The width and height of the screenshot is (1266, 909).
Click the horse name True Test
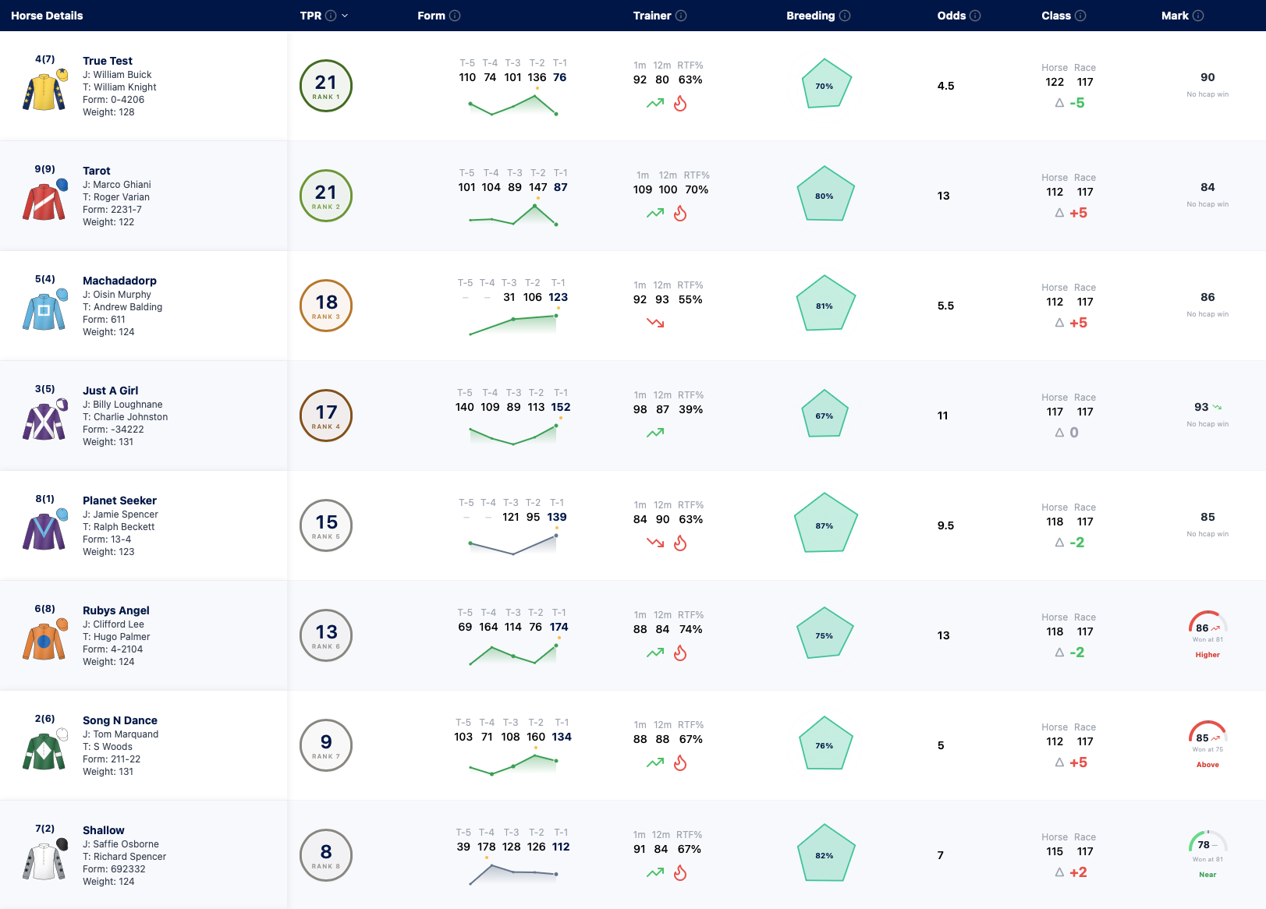(108, 61)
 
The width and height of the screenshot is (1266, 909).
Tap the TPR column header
(310, 16)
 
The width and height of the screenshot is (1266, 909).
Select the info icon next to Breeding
(844, 16)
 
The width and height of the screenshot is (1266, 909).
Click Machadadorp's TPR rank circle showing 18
(326, 306)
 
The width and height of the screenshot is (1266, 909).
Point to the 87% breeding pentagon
(825, 523)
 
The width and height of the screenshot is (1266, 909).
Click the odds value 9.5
(945, 525)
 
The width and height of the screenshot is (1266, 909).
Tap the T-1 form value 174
(559, 627)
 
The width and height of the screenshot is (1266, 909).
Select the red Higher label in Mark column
(1207, 655)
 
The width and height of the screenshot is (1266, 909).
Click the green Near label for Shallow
(1207, 875)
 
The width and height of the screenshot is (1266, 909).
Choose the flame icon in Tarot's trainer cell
(680, 213)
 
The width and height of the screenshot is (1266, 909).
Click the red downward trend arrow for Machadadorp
(655, 323)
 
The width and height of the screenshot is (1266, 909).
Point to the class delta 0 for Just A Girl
(1074, 432)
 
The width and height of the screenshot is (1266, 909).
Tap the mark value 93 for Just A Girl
(1201, 407)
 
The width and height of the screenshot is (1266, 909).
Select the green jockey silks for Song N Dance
(45, 749)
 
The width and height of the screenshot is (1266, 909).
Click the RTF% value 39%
(690, 409)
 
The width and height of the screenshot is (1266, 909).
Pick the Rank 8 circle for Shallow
(326, 855)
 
